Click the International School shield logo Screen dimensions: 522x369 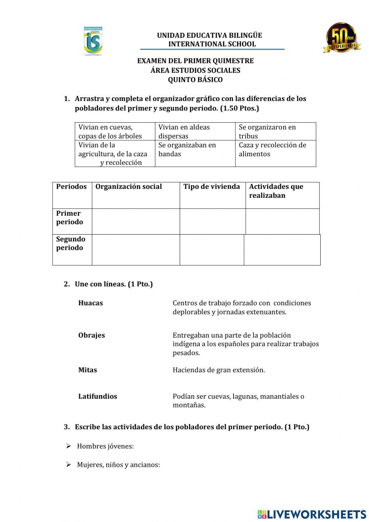tap(93, 41)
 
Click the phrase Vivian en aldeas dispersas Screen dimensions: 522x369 tap(184, 132)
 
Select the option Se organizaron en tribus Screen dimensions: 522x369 tap(267, 132)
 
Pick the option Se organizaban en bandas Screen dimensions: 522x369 tap(187, 149)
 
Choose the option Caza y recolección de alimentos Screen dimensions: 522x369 tap(272, 149)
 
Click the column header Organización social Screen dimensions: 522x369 tap(128, 187)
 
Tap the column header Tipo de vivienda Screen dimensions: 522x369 tap(211, 187)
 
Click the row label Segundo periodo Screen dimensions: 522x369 tap(70, 243)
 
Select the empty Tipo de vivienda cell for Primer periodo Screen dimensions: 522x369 tap(213, 221)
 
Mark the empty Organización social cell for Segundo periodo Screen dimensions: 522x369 tap(135, 250)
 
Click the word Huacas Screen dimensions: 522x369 tap(90, 303)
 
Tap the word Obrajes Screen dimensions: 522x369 tap(92, 335)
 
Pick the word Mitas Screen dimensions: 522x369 tap(87, 370)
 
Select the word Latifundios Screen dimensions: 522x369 tap(97, 396)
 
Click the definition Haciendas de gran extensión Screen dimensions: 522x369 tap(218, 370)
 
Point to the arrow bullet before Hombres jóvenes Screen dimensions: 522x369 tap(69, 446)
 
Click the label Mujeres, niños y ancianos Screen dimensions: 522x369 tap(118, 465)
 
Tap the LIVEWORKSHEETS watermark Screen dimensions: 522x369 tap(311, 514)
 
